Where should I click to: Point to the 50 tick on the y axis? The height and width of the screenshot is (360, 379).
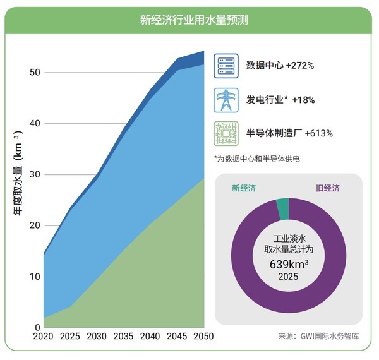[x=35, y=73]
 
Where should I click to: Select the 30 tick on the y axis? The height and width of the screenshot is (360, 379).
[x=35, y=174]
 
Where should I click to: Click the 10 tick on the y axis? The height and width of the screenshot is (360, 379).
[x=35, y=277]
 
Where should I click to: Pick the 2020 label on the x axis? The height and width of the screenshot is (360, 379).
[x=44, y=335]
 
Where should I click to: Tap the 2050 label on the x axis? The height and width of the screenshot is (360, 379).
[x=202, y=335]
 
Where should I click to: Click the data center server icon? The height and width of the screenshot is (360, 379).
[x=226, y=66]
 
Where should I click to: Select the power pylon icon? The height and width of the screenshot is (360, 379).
[x=226, y=99]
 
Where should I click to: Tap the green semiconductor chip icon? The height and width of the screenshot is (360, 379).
[x=226, y=133]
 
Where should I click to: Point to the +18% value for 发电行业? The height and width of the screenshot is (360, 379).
[x=301, y=100]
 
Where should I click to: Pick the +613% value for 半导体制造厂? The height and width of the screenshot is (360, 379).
[x=318, y=133]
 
